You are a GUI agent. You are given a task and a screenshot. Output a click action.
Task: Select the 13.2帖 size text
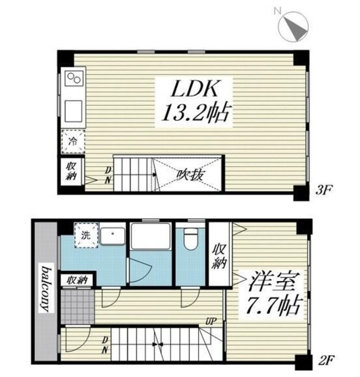pos(193,112)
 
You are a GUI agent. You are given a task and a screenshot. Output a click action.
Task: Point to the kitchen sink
pos(74,110)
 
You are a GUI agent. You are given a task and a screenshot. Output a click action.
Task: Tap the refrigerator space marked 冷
pos(73,141)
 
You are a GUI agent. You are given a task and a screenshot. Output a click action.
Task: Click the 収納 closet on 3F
pos(71,170)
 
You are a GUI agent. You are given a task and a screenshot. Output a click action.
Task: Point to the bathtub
pos(150,238)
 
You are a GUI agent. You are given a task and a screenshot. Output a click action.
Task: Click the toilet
pos(190,239)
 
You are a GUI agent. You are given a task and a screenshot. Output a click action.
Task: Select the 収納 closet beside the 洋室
pos(220,255)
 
